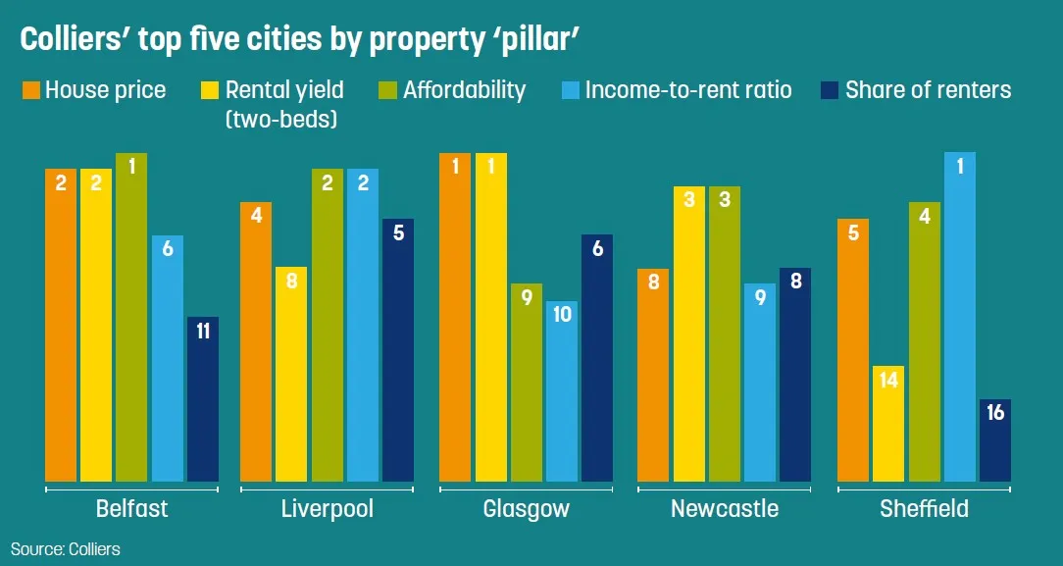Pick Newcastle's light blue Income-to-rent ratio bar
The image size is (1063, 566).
(760, 383)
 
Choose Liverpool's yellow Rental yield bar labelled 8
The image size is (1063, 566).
(291, 374)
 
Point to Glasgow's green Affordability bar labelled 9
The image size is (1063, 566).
(527, 383)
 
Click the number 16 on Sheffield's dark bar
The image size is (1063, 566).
(995, 413)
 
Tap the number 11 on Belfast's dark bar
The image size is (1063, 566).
(203, 331)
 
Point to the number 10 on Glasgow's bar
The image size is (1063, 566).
(562, 315)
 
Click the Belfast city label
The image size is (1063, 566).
(131, 509)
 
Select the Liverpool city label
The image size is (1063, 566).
(327, 509)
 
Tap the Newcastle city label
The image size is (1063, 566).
(724, 509)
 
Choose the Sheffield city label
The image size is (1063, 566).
(924, 509)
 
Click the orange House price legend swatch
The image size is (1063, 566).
(30, 91)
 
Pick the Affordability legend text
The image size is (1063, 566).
(465, 90)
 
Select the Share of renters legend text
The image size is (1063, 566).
(928, 90)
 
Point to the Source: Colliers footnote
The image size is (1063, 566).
(66, 549)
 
